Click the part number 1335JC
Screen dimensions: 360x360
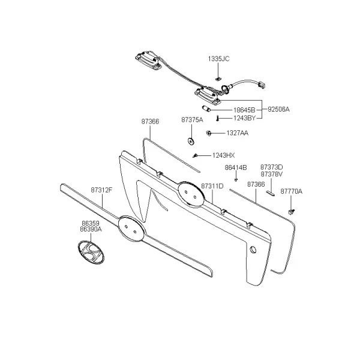coord(218,59)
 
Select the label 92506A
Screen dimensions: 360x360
coord(278,109)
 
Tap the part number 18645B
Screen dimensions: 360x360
coord(244,110)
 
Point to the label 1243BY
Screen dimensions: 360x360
coord(245,118)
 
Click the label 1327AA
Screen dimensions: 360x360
coord(238,133)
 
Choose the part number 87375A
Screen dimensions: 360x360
coord(192,119)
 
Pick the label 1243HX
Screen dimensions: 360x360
coord(223,155)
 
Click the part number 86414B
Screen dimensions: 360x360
coord(236,167)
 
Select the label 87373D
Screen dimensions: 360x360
coord(272,167)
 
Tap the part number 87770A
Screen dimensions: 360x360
coord(292,191)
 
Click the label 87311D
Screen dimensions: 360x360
coord(212,186)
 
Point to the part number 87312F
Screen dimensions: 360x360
coord(102,190)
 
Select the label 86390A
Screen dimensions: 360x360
coord(91,229)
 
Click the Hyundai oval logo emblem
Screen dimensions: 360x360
coord(91,253)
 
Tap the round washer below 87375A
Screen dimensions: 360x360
coord(191,141)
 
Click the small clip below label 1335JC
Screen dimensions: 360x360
coord(218,79)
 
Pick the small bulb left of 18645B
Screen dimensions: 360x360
coord(205,108)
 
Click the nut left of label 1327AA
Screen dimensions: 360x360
coord(209,133)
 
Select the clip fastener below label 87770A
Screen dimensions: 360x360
coord(292,212)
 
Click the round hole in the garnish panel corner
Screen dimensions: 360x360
coord(253,250)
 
